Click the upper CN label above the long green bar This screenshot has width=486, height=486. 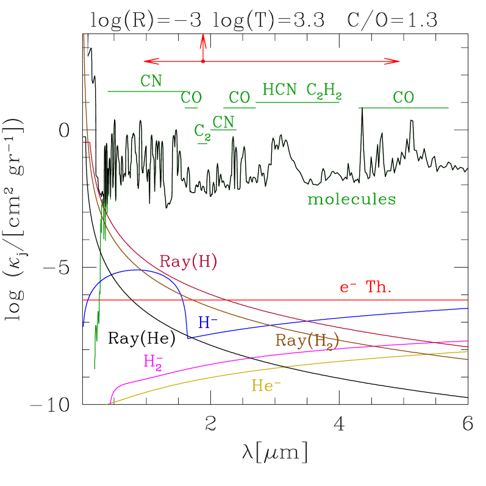151,81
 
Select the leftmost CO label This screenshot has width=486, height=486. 191,98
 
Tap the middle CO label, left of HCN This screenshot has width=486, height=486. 240,98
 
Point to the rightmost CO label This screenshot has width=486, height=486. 403,98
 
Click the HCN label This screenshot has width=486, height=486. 279,90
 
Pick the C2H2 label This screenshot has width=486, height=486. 323,91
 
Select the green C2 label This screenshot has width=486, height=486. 202,131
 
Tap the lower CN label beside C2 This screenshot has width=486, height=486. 223,122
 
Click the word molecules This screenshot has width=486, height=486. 351,199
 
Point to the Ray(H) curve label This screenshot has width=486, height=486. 188,261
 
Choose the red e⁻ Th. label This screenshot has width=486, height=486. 365,288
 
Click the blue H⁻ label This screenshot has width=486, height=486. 207,323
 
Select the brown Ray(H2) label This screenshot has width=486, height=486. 307,341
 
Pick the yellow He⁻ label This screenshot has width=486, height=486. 266,385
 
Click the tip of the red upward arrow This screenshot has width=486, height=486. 203,35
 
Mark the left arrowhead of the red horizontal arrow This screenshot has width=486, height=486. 145,61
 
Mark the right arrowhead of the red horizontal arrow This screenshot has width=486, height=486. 399,61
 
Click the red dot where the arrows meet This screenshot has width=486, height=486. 203,61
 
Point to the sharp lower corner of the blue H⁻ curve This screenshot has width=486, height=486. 188,337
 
